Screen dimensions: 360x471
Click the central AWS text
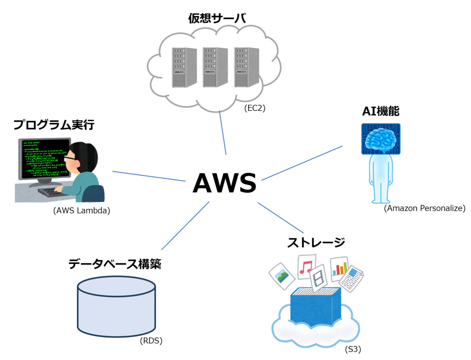pyautogui.click(x=225, y=183)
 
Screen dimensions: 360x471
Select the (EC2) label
pyautogui.click(x=255, y=108)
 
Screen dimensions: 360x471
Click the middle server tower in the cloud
pyautogui.click(x=215, y=67)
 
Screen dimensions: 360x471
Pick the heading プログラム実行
pyautogui.click(x=54, y=125)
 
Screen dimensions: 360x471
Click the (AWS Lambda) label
pyautogui.click(x=82, y=210)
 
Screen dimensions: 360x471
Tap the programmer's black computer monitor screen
pyautogui.click(x=41, y=159)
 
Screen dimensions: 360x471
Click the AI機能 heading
pyautogui.click(x=380, y=111)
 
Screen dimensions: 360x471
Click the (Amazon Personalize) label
pyautogui.click(x=424, y=208)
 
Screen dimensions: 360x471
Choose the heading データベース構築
pyautogui.click(x=115, y=264)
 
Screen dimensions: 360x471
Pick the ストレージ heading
pyautogui.click(x=316, y=243)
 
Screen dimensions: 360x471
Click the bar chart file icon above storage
pyautogui.click(x=340, y=269)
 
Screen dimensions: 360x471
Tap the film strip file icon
pyautogui.click(x=319, y=279)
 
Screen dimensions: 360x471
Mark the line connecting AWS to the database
pyautogui.click(x=185, y=226)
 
